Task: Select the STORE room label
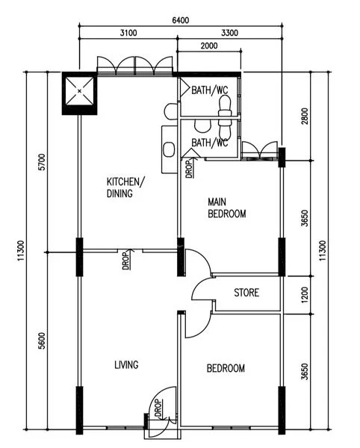pos(246,292)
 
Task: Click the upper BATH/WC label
pos(210,90)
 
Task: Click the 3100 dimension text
pos(128,33)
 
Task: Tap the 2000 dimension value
pos(208,46)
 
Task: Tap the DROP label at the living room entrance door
pos(158,408)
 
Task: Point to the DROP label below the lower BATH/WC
pos(188,170)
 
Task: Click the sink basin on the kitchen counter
pos(169,146)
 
